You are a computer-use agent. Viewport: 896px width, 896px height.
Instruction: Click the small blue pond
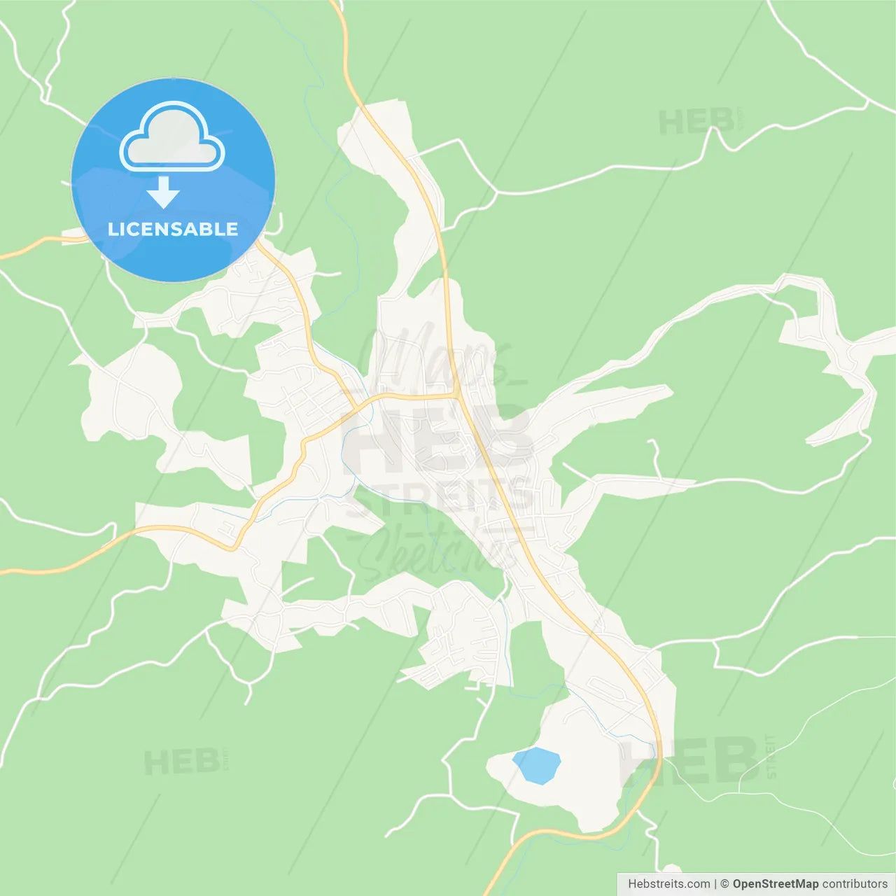pyautogui.click(x=536, y=765)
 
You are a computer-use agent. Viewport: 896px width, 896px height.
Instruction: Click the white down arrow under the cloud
pyautogui.click(x=163, y=192)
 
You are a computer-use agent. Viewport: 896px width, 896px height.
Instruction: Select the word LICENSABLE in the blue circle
pyautogui.click(x=173, y=229)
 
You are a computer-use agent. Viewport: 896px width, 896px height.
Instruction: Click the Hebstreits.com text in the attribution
pyautogui.click(x=668, y=884)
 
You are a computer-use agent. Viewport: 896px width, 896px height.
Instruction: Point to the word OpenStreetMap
pyautogui.click(x=775, y=884)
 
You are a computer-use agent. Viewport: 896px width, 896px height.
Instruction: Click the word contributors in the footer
pyautogui.click(x=855, y=884)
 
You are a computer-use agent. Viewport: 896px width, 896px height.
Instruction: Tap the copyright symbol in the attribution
pyautogui.click(x=724, y=884)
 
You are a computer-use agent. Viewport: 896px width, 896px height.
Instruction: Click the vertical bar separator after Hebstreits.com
pyautogui.click(x=715, y=884)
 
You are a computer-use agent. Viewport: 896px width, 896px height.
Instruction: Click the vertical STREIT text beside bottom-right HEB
pyautogui.click(x=771, y=756)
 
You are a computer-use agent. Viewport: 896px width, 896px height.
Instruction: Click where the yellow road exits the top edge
pyautogui.click(x=338, y=4)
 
